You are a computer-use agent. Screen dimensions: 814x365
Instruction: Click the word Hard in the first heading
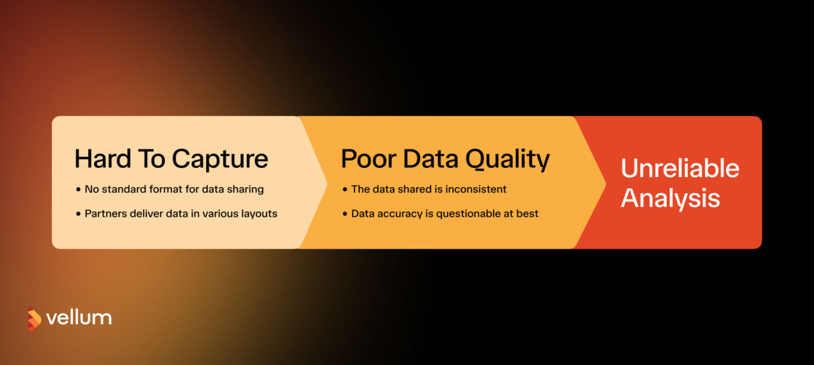[x=102, y=158]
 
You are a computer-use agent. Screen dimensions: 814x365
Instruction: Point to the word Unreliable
[x=680, y=168]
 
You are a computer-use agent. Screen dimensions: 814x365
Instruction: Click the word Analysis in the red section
[x=670, y=198]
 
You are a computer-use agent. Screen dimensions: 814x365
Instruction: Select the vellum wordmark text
[x=79, y=318]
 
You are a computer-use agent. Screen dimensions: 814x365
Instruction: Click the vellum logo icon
[x=34, y=318]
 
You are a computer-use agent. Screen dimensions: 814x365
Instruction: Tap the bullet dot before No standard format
[x=78, y=190]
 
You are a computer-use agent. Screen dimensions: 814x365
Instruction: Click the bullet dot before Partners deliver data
[x=78, y=214]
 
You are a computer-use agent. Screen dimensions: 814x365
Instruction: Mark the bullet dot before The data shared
[x=345, y=190]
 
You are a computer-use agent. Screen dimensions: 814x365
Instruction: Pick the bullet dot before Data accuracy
[x=345, y=214]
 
